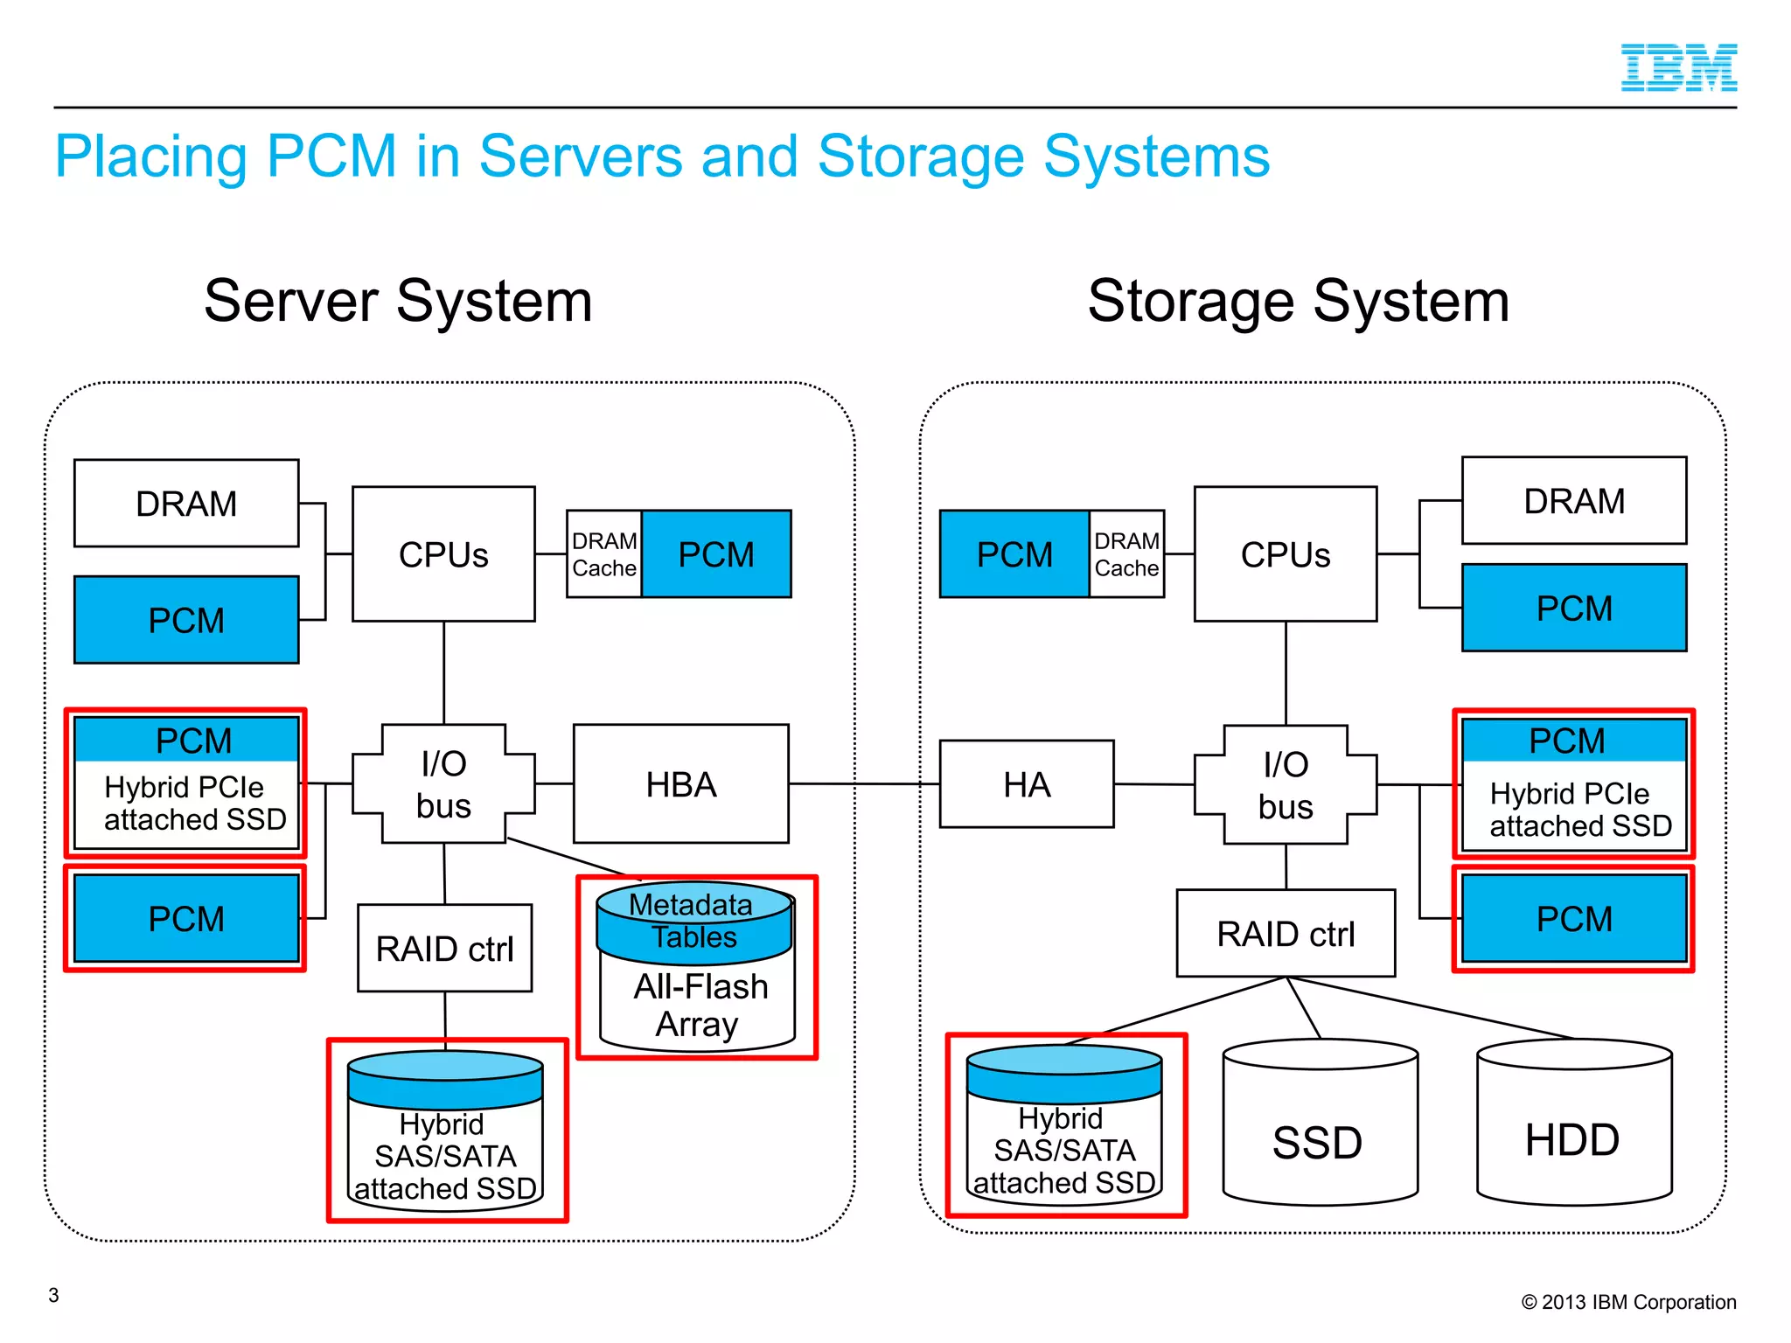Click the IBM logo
1678,67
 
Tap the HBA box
680,784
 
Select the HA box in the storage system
1026,784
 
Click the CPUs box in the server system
443,554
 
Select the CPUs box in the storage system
1285,554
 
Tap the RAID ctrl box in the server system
444,949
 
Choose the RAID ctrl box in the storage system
1285,934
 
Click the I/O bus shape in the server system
443,784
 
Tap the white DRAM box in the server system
186,504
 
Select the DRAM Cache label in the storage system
1126,554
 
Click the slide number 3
53,1295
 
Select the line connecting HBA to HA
864,784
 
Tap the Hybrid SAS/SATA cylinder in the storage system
1064,1137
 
